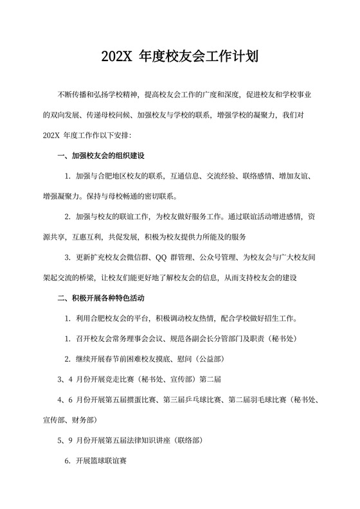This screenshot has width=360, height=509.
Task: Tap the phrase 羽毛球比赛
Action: tap(262, 399)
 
